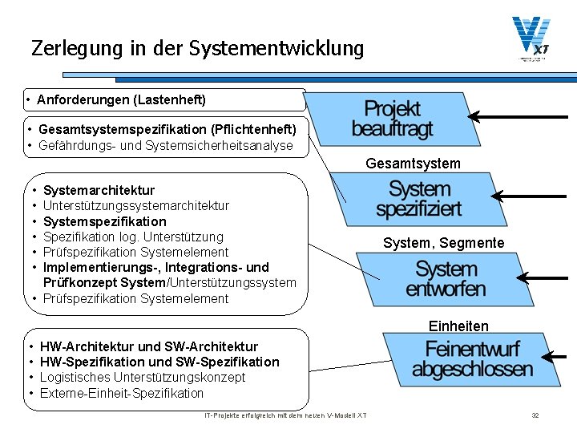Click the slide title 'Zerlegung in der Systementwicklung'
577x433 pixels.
click(197, 48)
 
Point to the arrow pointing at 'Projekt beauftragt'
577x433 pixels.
click(521, 117)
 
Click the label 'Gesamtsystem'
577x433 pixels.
click(413, 164)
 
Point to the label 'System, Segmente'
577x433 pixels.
click(443, 243)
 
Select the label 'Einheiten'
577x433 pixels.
click(458, 326)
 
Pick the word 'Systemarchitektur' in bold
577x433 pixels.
click(99, 190)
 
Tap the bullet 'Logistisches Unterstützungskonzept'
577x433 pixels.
click(142, 378)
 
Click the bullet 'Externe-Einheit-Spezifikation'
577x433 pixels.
click(121, 393)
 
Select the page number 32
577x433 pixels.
click(535, 415)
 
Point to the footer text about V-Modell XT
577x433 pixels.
click(286, 415)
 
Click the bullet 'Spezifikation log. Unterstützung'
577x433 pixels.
click(133, 237)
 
